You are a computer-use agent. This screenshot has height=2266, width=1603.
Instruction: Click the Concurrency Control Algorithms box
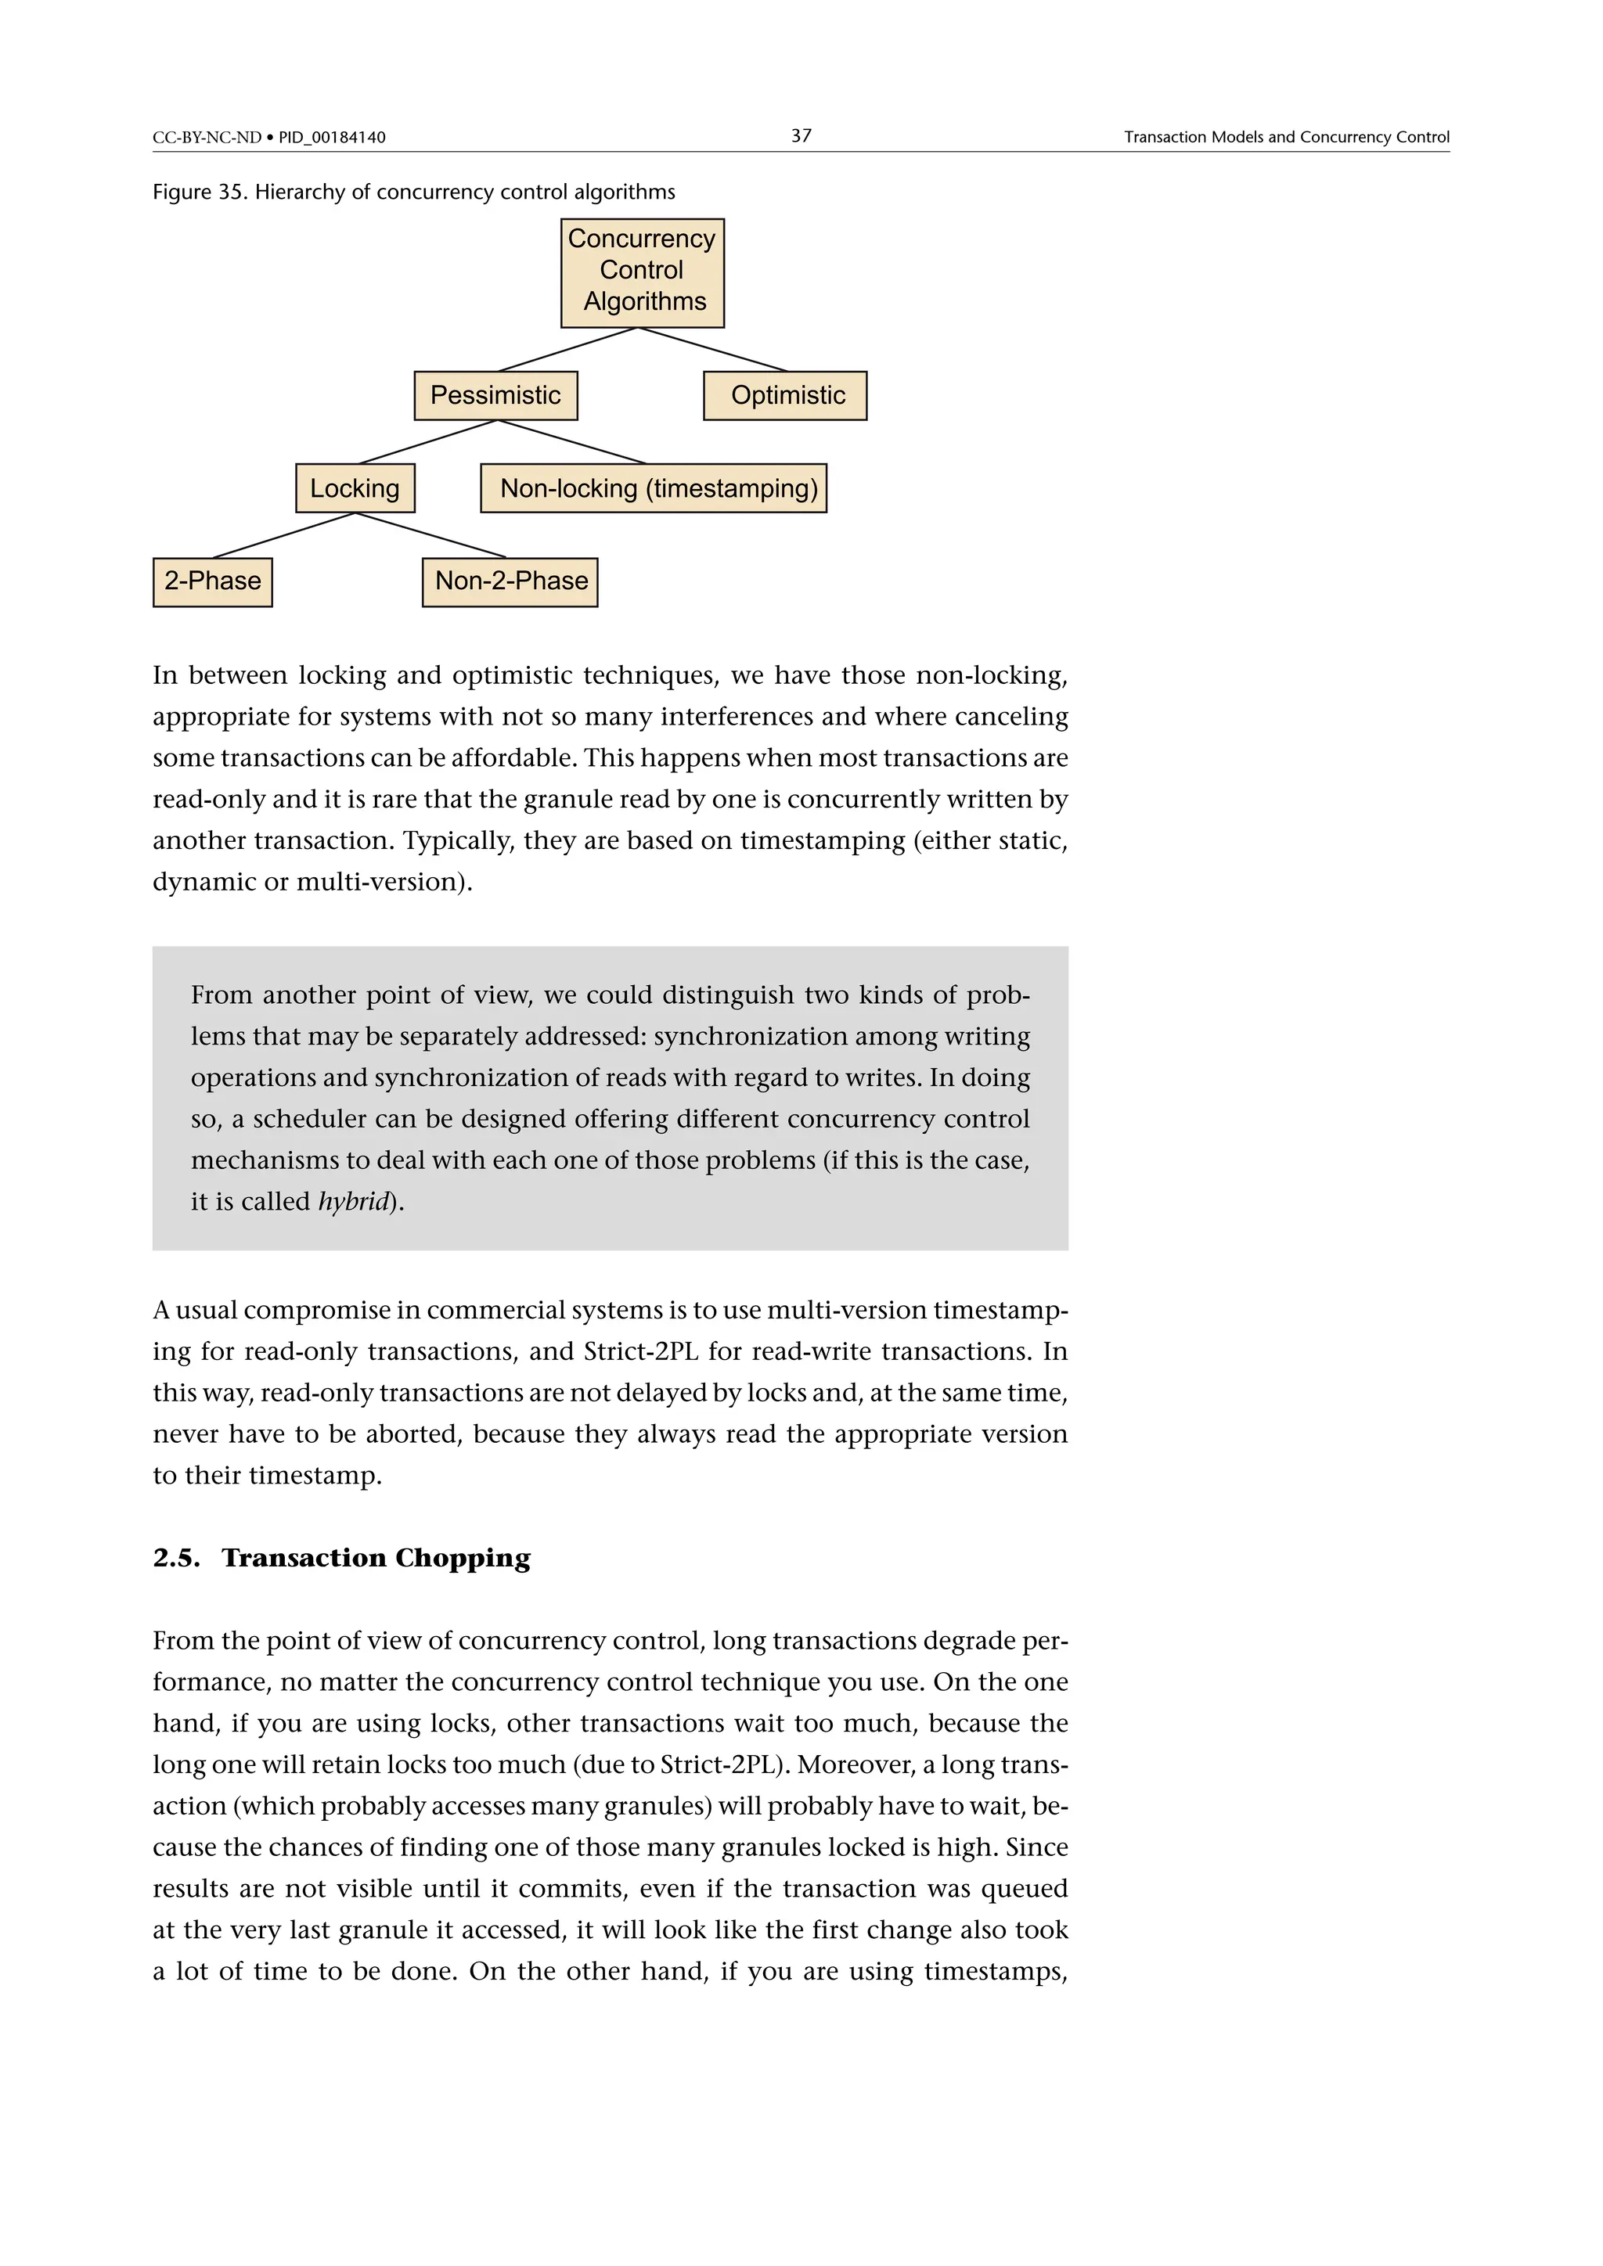(642, 272)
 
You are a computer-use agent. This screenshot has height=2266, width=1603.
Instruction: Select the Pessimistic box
(495, 396)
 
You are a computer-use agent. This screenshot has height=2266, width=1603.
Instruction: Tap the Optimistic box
(785, 396)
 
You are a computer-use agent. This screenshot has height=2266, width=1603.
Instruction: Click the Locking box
(355, 488)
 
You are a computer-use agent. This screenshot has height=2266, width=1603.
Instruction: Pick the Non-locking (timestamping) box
(654, 488)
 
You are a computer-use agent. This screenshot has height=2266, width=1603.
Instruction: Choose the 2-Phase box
(212, 581)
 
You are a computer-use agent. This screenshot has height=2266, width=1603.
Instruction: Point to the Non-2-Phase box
(510, 581)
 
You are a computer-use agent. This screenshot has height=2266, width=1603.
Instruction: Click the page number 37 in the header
(801, 135)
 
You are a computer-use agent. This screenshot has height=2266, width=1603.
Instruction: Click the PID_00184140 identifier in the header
(332, 137)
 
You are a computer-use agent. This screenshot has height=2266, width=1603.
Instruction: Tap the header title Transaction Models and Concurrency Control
(1286, 137)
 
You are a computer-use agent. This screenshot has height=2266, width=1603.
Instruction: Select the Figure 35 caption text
(413, 192)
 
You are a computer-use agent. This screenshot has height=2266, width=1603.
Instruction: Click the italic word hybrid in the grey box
(353, 1201)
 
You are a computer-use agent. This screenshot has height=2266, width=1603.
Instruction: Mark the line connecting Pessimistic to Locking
(427, 442)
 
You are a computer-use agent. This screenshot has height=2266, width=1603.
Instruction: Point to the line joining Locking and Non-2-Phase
(430, 535)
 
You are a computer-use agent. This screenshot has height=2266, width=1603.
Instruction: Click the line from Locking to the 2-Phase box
(284, 535)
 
